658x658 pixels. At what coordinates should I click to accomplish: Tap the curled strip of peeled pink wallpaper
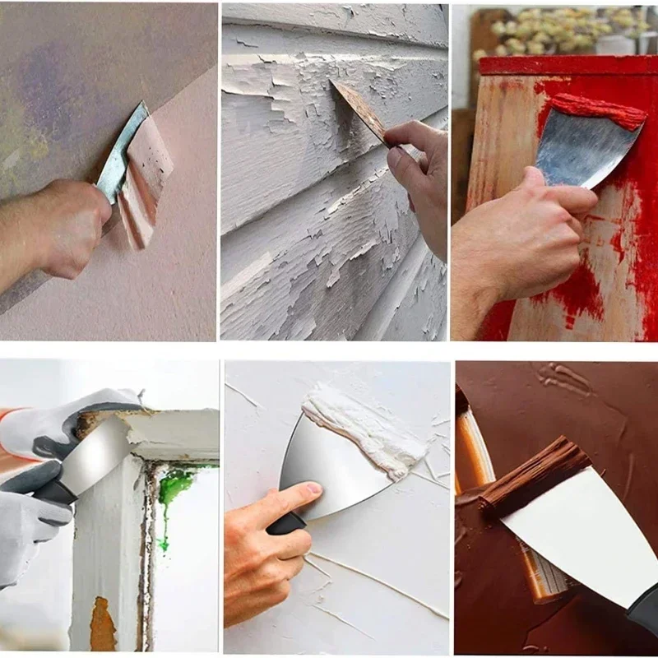[146, 177]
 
